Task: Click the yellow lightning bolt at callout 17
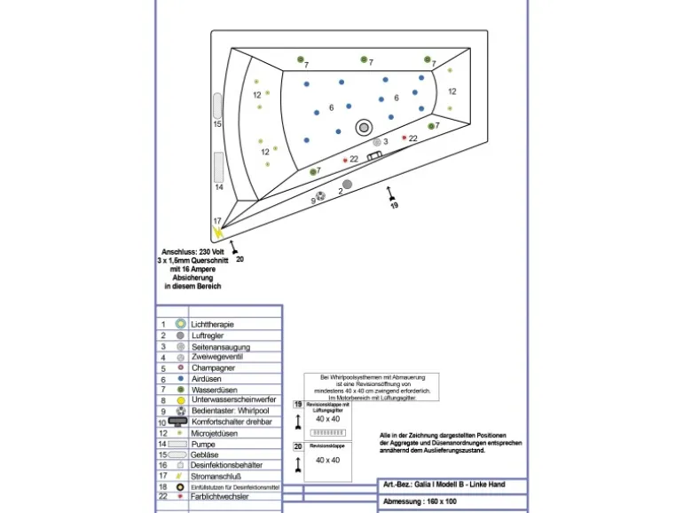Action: (219, 232)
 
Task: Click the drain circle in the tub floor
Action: (364, 128)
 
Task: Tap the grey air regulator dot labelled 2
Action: (348, 184)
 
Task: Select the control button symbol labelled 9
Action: (321, 196)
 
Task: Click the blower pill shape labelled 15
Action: (217, 106)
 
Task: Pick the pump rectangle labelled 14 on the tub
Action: (218, 167)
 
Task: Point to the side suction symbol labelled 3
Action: (376, 142)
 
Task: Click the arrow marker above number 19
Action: (390, 191)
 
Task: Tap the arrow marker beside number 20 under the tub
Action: (233, 246)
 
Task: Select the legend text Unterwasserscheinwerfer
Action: (233, 400)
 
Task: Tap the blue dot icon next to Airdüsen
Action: (180, 379)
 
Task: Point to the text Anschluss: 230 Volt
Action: (192, 252)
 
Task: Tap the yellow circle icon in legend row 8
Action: (180, 400)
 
